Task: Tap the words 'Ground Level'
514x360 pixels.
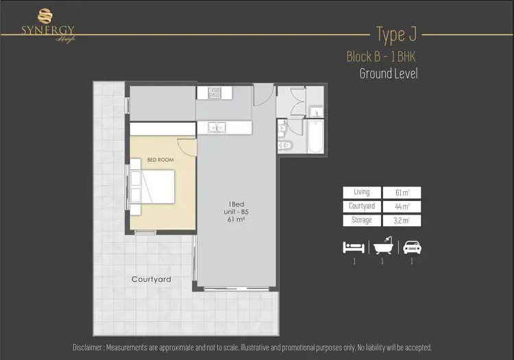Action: [x=388, y=73]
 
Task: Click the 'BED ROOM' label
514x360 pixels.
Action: [x=160, y=160]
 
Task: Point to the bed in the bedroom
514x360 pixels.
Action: [x=156, y=187]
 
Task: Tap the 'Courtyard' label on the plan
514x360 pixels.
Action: [x=151, y=279]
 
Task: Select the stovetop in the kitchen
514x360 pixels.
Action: [x=210, y=91]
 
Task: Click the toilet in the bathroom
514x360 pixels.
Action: [x=286, y=146]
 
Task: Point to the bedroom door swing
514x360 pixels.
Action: [x=186, y=145]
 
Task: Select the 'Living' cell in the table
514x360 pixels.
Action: [x=362, y=193]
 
